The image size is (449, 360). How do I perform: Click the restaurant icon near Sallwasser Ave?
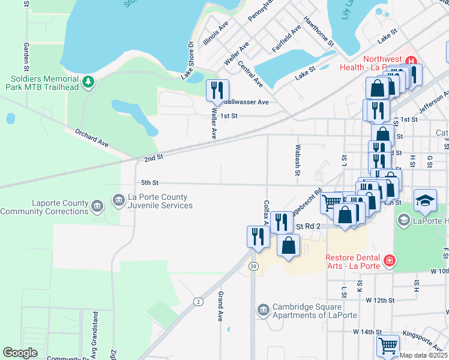[217, 91]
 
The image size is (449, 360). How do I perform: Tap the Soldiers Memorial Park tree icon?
[88, 82]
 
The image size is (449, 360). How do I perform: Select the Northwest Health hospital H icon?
[411, 60]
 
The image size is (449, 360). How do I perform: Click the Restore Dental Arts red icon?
[390, 260]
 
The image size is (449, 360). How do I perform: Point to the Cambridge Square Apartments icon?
[263, 310]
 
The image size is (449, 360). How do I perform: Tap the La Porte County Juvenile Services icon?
[118, 199]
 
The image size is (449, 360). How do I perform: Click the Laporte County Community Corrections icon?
[97, 207]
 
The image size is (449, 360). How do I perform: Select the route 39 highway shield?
[254, 266]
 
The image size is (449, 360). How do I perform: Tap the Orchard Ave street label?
[92, 137]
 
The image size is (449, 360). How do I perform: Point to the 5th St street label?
[149, 182]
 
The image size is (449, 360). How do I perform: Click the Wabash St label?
[297, 160]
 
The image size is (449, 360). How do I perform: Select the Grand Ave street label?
[221, 305]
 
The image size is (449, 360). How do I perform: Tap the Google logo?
[20, 352]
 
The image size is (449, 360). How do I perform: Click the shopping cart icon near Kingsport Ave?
[388, 346]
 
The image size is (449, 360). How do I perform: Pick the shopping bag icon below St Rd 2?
[289, 246]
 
